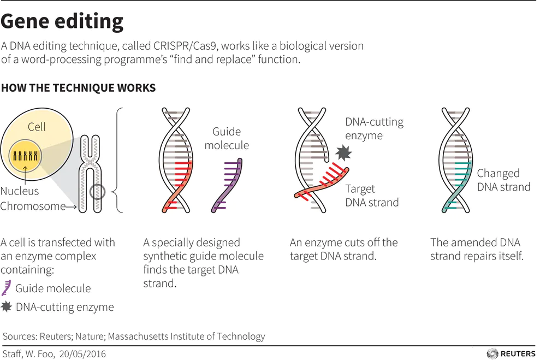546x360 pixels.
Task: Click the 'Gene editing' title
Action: point(62,21)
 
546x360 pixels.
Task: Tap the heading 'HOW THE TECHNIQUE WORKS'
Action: point(78,88)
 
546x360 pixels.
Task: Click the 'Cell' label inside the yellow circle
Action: point(37,127)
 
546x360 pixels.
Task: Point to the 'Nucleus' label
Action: point(20,191)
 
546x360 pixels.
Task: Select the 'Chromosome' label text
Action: point(32,206)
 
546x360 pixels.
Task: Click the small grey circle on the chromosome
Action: point(97,192)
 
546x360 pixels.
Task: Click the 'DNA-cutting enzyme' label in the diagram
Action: point(374,128)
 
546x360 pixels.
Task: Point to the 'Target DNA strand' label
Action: point(372,196)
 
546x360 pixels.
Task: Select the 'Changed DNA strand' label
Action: point(503,180)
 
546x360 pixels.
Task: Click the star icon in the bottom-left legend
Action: point(7,307)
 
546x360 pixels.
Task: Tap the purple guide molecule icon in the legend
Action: point(7,288)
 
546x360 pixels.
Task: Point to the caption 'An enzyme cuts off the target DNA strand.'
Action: point(343,249)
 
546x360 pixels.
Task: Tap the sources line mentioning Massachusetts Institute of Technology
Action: point(134,337)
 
